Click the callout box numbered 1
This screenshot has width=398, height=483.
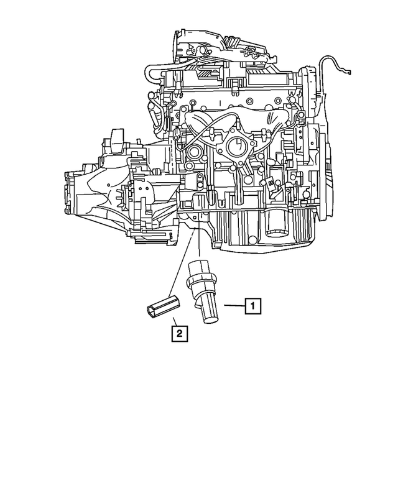[x=252, y=306]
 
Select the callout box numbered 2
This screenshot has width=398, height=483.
[x=178, y=334]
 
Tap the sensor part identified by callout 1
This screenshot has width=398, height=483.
[x=202, y=289]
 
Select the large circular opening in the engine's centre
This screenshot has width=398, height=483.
[x=236, y=147]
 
